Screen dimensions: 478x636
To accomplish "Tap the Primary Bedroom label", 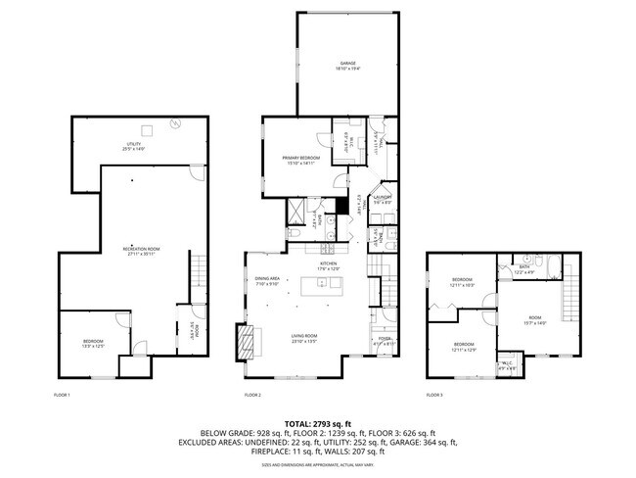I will (x=301, y=161).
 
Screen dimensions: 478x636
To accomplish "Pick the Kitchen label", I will (x=328, y=265).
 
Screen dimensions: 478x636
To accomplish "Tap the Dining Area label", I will (x=268, y=281).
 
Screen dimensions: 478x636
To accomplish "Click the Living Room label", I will (x=304, y=340).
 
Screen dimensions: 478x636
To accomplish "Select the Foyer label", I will (x=384, y=342).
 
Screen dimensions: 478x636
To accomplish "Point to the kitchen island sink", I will (x=334, y=284).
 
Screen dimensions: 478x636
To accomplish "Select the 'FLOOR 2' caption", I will (x=252, y=395).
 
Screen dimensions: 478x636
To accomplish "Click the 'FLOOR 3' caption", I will (x=434, y=395).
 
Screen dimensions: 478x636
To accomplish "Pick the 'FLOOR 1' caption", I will (x=62, y=395).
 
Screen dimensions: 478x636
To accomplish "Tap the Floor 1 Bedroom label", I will (x=92, y=343).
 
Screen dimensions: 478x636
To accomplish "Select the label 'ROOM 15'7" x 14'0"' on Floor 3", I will (x=535, y=319).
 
